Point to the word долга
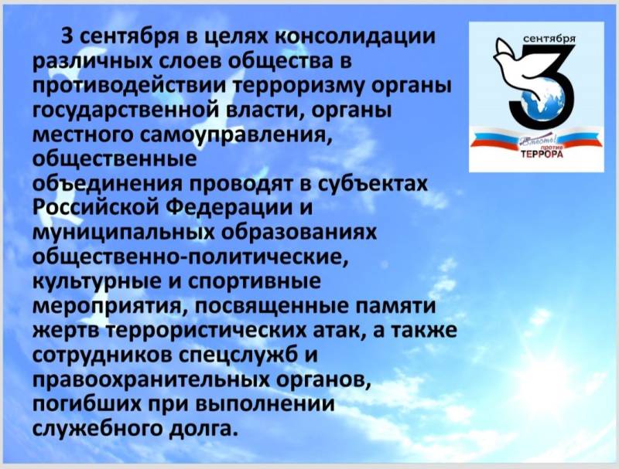tap(203, 429)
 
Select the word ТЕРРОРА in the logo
tap(542, 155)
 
